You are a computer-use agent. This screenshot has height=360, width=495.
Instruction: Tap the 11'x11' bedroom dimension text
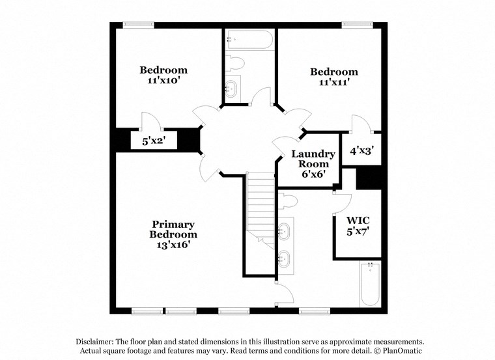tap(333, 83)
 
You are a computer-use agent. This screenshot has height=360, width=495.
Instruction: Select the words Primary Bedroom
tap(173, 229)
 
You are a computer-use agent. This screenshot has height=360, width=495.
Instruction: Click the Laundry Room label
tap(313, 159)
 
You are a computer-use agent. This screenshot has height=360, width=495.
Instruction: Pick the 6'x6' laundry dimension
tap(313, 175)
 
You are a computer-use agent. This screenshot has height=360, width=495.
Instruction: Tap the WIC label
tap(357, 220)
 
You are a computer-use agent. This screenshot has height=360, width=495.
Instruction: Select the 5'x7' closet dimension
tap(357, 231)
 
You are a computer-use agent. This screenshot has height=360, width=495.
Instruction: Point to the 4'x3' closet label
tap(361, 150)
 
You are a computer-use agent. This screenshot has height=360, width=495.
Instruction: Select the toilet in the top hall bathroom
tap(234, 63)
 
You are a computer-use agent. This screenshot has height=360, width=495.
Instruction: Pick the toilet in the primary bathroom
tap(288, 200)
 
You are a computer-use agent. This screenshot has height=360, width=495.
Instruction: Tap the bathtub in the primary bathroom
tap(369, 284)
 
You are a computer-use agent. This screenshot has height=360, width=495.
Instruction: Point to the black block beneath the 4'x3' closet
tap(369, 178)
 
